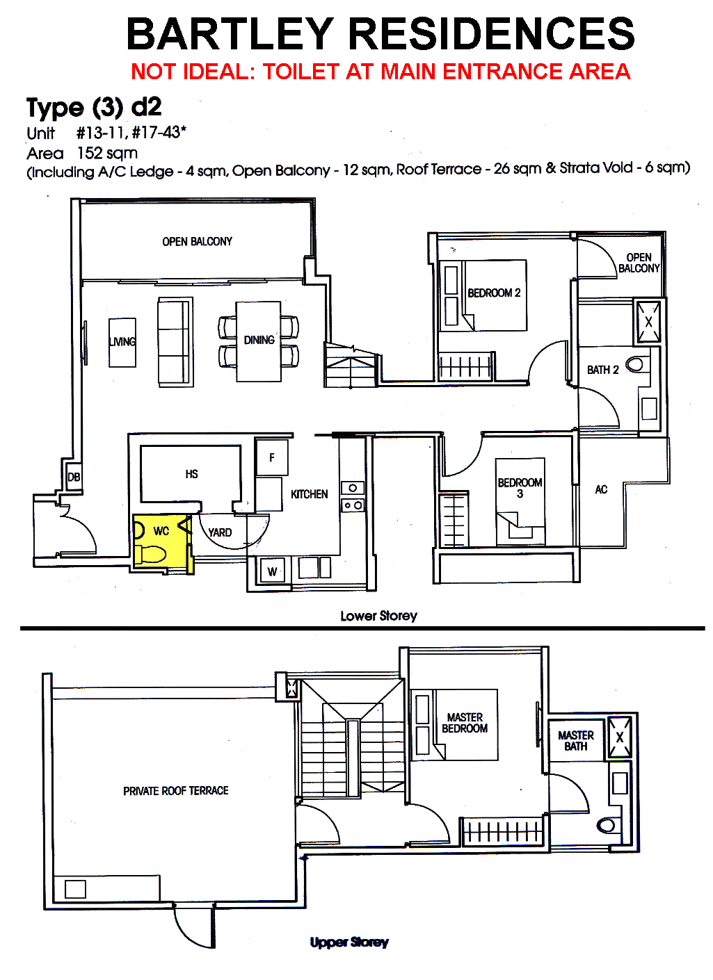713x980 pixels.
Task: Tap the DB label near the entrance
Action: (74, 477)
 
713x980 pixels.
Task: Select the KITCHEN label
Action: (310, 494)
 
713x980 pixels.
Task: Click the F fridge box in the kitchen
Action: (272, 457)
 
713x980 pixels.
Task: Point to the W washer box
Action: (273, 571)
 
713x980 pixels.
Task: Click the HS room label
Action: (191, 474)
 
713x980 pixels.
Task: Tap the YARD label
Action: (220, 532)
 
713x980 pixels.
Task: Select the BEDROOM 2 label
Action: (494, 293)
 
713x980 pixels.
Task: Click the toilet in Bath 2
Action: (634, 364)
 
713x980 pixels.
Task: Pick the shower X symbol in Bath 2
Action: (648, 322)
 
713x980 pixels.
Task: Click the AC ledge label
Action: (601, 489)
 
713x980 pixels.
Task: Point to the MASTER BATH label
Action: (575, 741)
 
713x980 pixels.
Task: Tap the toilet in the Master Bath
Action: (606, 826)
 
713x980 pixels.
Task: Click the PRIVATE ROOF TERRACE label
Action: (175, 790)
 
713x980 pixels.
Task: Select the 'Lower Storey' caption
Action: (379, 616)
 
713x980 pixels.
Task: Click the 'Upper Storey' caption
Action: (349, 942)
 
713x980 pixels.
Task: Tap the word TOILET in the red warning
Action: (301, 72)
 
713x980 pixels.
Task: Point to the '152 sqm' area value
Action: (107, 154)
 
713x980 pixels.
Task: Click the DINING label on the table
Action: (259, 339)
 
